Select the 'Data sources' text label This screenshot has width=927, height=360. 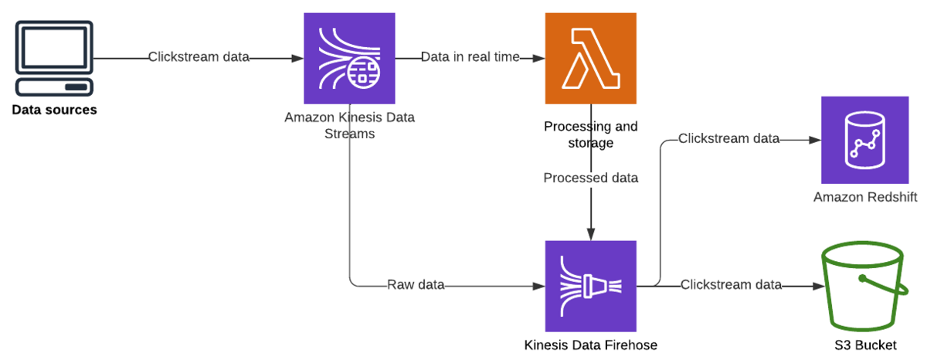click(54, 110)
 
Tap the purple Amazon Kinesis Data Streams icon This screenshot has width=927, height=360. click(350, 58)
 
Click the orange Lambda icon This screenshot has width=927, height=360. click(590, 58)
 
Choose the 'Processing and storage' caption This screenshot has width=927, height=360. click(591, 134)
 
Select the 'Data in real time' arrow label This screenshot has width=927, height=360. click(470, 57)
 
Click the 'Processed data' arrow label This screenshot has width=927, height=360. click(591, 178)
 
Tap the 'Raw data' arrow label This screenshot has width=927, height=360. click(416, 285)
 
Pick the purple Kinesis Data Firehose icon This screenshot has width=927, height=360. click(590, 286)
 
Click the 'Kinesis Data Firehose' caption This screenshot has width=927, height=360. click(591, 345)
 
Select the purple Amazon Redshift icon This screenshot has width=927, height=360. click(864, 140)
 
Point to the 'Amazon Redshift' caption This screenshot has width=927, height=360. click(864, 198)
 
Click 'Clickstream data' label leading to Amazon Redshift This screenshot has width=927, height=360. click(728, 139)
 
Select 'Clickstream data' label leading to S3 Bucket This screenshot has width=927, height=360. click(731, 285)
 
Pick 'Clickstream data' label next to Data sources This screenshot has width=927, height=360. click(199, 57)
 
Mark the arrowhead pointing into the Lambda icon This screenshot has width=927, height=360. click(538, 58)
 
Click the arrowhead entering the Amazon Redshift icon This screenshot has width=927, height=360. click(815, 140)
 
